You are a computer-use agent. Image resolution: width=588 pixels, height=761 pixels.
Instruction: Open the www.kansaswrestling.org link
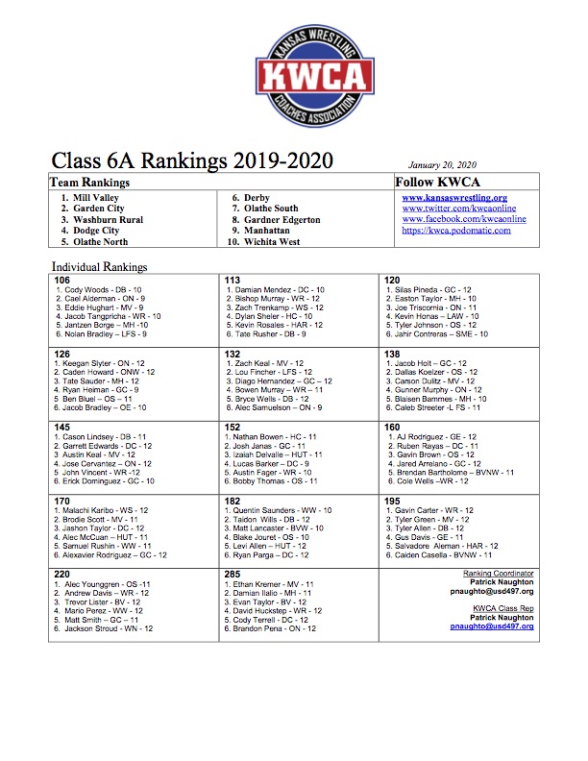click(454, 197)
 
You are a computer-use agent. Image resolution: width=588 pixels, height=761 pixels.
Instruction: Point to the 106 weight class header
click(63, 279)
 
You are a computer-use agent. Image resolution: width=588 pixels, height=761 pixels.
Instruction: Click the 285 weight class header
click(233, 572)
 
